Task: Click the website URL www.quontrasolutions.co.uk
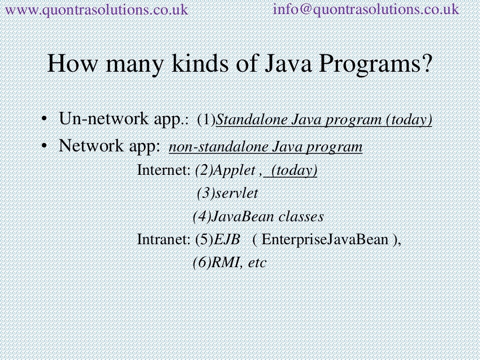click(x=96, y=9)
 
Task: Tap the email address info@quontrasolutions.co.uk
click(x=366, y=9)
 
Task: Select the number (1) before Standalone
click(x=206, y=120)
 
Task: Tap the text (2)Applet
click(x=225, y=171)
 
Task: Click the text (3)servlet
click(x=227, y=193)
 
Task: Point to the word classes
click(x=301, y=217)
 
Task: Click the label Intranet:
click(x=164, y=240)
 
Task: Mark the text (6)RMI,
click(x=218, y=262)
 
